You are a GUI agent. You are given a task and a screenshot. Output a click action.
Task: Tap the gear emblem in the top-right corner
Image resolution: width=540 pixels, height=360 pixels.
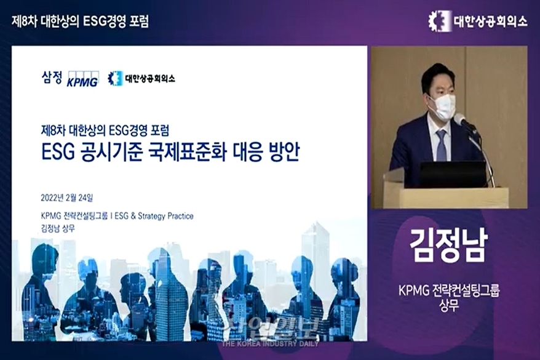click(x=438, y=21)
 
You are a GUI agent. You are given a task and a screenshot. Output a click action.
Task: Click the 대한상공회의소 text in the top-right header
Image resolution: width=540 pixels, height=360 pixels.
click(x=490, y=21)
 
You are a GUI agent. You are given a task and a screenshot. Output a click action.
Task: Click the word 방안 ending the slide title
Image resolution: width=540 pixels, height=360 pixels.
click(x=284, y=151)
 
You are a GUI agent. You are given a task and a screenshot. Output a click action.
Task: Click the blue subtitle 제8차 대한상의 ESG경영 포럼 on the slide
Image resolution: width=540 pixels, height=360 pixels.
click(x=104, y=130)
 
